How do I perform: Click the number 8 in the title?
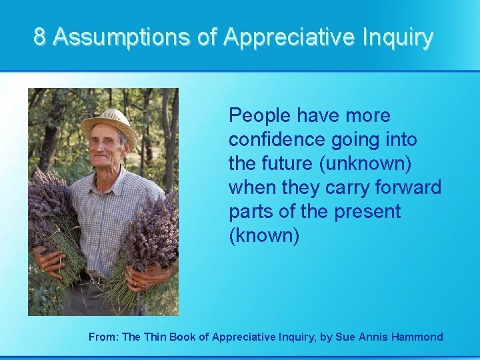pyautogui.click(x=40, y=37)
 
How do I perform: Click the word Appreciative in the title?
pyautogui.click(x=287, y=37)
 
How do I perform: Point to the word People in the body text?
pyautogui.click(x=259, y=116)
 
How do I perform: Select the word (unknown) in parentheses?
pyautogui.click(x=364, y=164)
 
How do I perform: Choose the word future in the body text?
pyautogui.click(x=287, y=164)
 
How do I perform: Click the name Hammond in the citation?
pyautogui.click(x=417, y=337)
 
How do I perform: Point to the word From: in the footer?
pyautogui.click(x=103, y=337)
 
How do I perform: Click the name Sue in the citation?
pyautogui.click(x=348, y=337)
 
